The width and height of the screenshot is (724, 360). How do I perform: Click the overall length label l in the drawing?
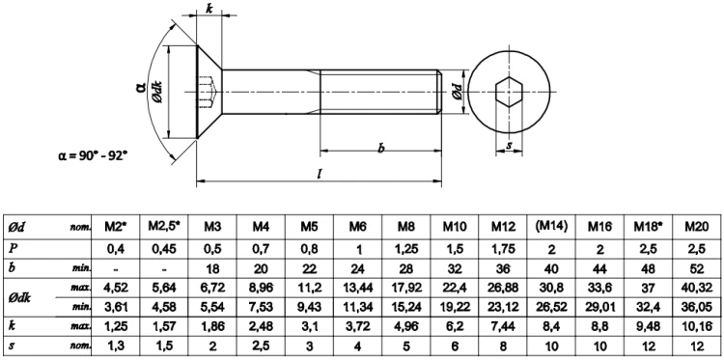[320, 173]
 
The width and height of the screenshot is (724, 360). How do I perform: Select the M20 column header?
[695, 228]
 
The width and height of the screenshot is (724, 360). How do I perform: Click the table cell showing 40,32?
[695, 288]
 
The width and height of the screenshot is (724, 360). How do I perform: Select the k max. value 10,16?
[695, 327]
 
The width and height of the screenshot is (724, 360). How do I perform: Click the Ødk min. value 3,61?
[117, 307]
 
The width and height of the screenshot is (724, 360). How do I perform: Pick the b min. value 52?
[695, 267]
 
